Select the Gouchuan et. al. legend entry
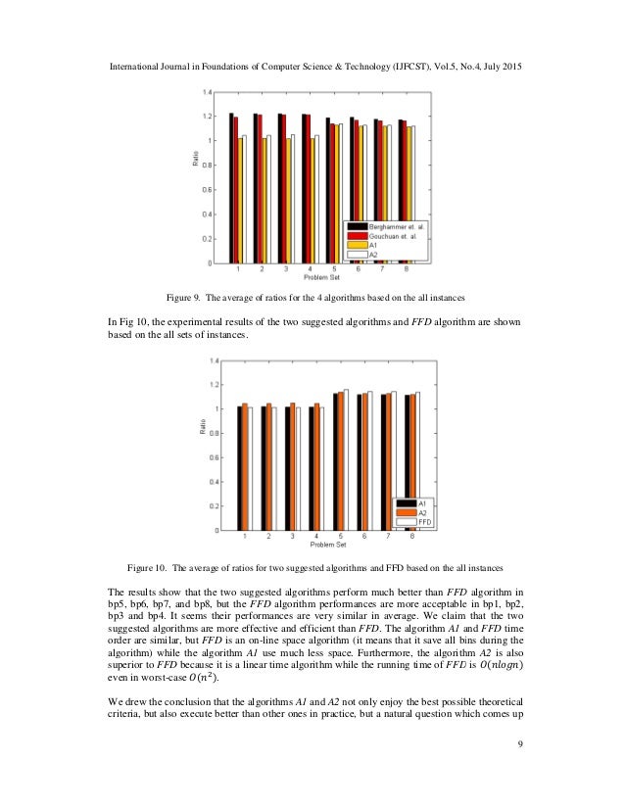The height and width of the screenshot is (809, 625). (387, 237)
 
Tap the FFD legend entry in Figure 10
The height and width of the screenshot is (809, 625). (423, 522)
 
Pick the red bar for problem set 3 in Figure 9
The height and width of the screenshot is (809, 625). (284, 189)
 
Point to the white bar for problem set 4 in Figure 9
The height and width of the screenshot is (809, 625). (316, 200)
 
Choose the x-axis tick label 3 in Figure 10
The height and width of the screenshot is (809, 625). (292, 538)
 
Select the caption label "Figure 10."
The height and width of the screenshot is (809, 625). (156, 567)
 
